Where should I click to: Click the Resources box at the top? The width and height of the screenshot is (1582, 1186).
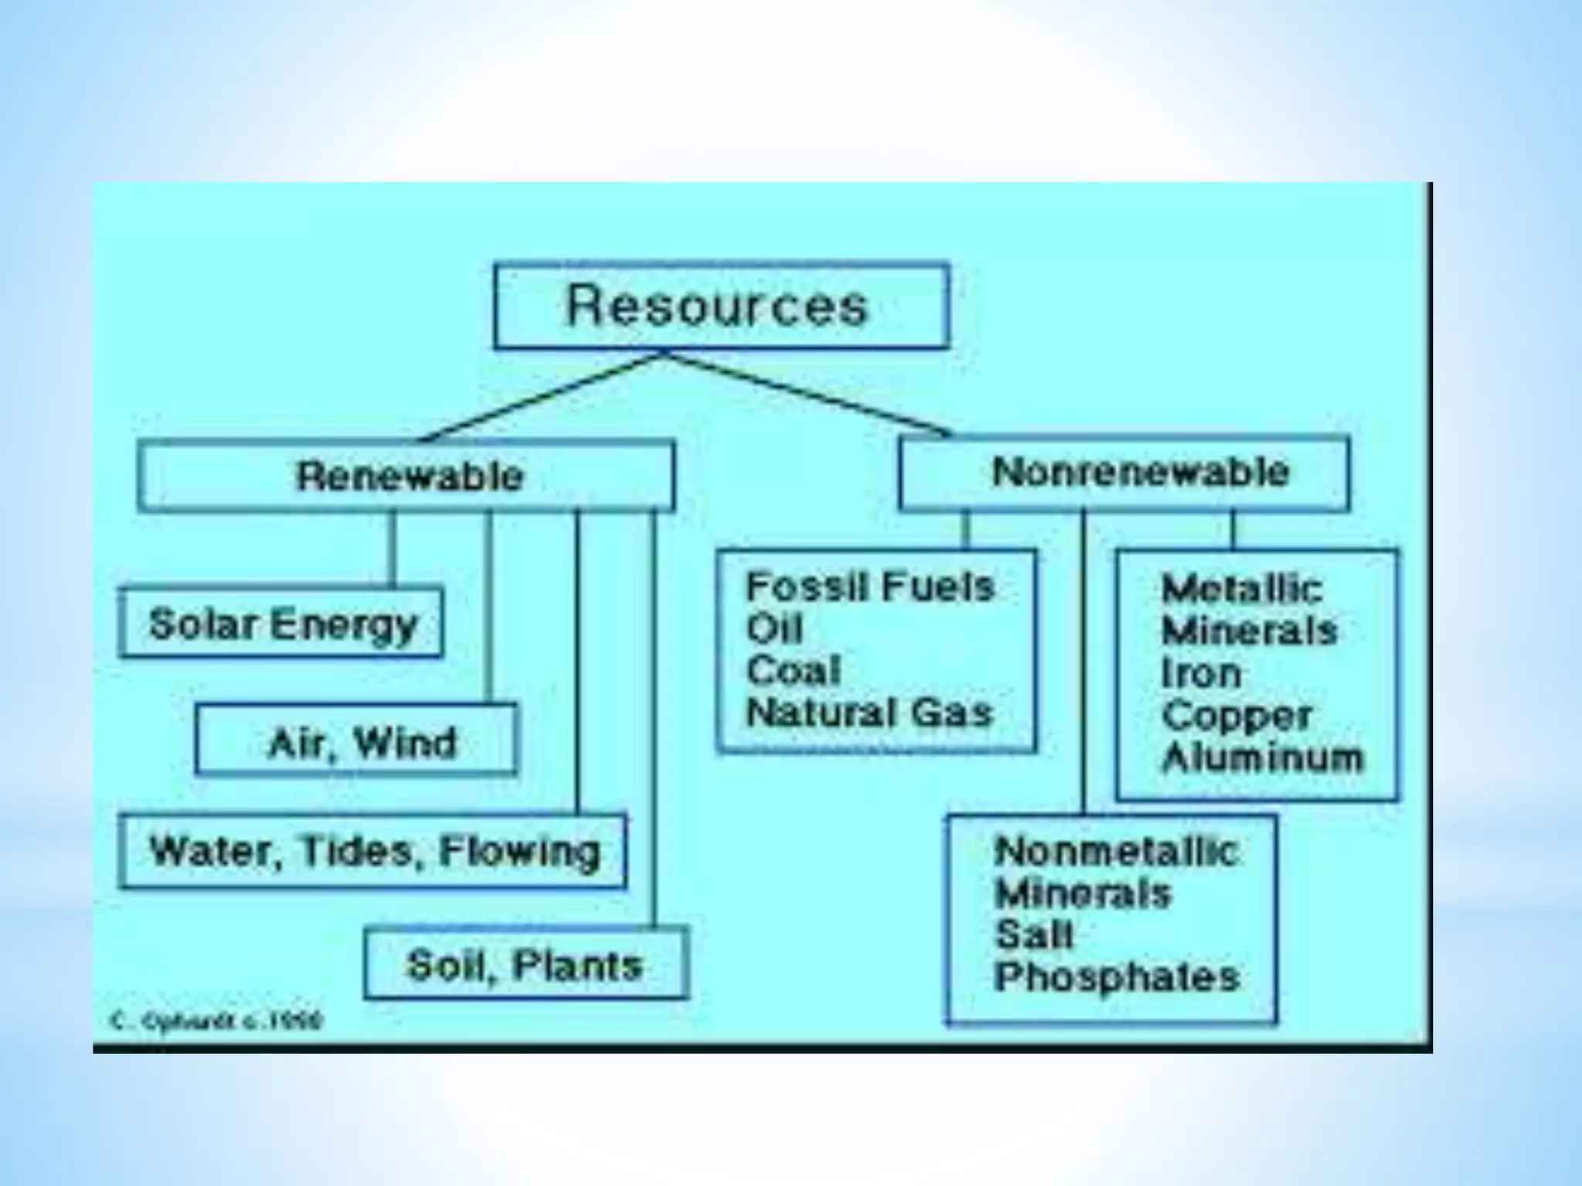coord(721,306)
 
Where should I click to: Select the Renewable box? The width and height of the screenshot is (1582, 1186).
coord(406,476)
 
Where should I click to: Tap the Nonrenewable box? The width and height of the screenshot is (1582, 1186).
coord(1125,473)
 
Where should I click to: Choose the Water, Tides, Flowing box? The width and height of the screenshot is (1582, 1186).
coord(373,851)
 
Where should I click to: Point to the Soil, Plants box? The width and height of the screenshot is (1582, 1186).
coord(525,964)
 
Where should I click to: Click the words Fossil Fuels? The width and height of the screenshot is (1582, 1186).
coord(869,587)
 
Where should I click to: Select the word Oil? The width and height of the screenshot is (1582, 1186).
coord(774,629)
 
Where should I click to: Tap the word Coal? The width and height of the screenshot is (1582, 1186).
coord(793,670)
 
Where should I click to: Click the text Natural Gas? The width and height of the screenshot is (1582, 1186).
coord(869,712)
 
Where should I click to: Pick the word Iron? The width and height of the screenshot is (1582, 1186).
coord(1200,673)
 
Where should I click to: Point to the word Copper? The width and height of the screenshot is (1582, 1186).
coord(1236,716)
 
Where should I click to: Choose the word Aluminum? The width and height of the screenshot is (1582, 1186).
coord(1262,757)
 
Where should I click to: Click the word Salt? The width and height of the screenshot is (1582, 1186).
coord(1034,935)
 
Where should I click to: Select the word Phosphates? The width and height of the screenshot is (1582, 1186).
coord(1116,978)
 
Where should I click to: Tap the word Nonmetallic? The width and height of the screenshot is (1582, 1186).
coord(1116,852)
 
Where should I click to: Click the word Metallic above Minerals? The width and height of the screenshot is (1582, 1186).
coord(1241,589)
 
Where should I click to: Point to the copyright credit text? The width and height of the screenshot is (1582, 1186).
coord(216,1022)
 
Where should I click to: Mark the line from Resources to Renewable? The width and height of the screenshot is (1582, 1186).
coord(541,398)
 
